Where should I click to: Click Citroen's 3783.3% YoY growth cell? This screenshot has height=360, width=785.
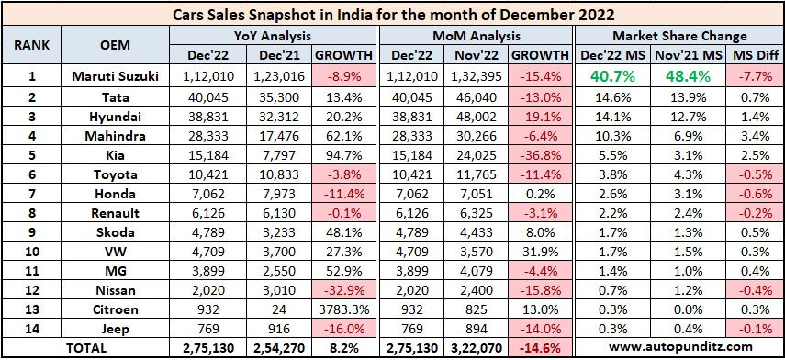click(x=345, y=309)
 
